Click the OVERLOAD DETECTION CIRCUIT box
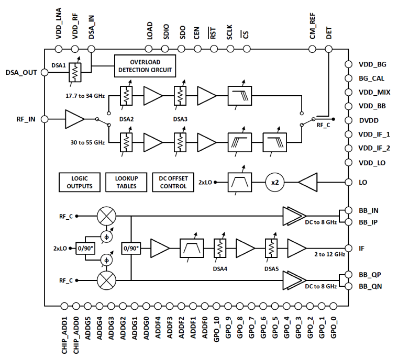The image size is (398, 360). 145,65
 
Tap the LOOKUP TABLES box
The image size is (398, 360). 126,182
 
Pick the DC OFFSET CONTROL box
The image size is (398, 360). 172,182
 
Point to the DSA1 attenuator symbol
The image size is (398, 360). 76,74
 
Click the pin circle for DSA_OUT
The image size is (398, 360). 45,72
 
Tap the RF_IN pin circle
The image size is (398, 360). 45,119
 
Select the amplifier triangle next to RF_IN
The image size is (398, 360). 74,119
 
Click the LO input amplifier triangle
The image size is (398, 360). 310,182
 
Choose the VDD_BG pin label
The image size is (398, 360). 372,64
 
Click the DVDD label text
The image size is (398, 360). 370,120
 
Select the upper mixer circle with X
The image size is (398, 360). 107,215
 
